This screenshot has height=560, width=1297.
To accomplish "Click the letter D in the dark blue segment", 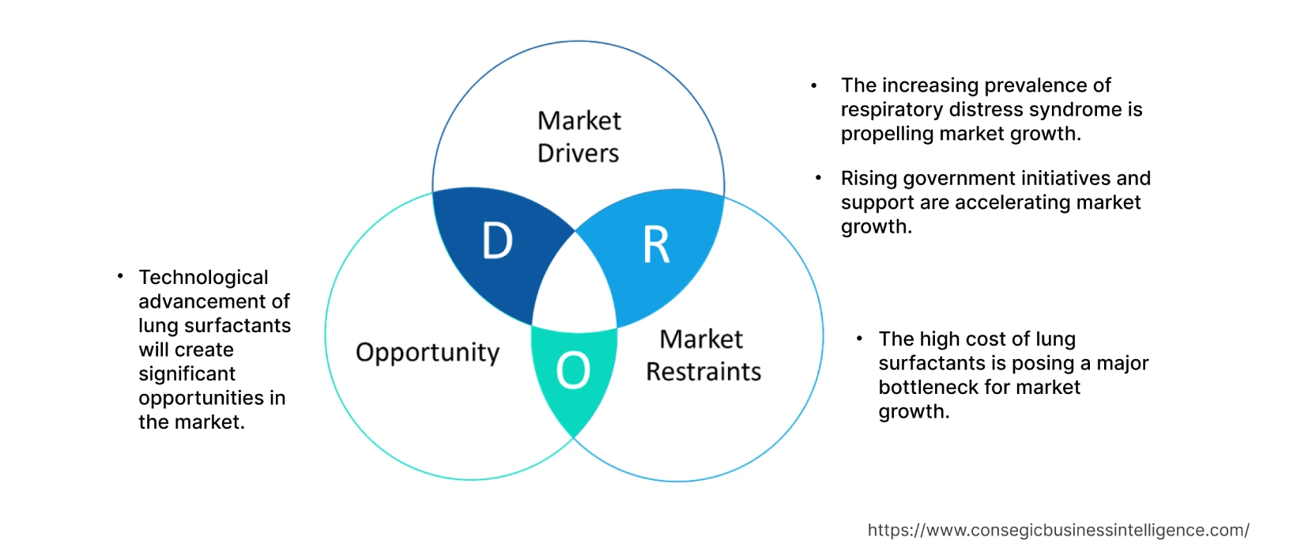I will click(x=497, y=241).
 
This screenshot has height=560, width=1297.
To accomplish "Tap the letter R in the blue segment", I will click(x=656, y=245).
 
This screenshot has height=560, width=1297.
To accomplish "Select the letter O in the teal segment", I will click(x=573, y=370).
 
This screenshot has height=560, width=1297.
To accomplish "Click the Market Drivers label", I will click(x=579, y=137).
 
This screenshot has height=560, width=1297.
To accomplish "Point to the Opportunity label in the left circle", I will click(x=428, y=352).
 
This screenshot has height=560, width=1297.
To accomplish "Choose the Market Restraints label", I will click(x=703, y=355).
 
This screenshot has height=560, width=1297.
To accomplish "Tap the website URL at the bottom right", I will click(x=1058, y=530).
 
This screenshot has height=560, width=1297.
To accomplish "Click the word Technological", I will click(x=203, y=278).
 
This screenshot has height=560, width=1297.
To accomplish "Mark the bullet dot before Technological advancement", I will click(x=120, y=276).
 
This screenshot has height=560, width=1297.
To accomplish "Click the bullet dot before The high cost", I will click(x=859, y=339).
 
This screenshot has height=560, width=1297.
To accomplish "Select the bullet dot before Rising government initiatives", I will click(x=818, y=178).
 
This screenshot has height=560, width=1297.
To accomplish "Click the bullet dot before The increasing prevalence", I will click(x=814, y=85).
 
